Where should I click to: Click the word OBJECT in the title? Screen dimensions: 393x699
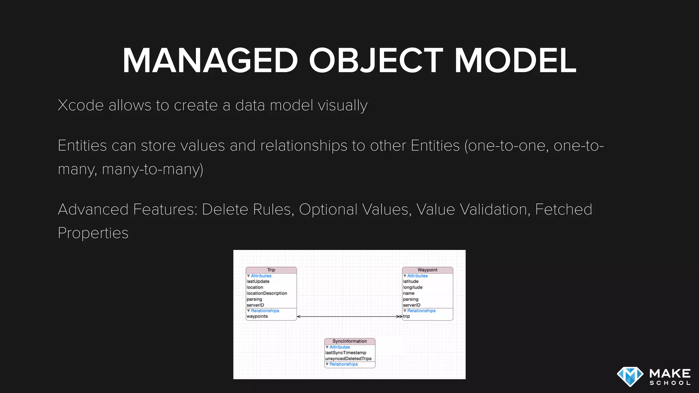[376, 61]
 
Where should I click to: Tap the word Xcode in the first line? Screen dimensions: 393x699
[81, 105]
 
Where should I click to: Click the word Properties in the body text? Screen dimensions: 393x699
[93, 233]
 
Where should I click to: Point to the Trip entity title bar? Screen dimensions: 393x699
[271, 270]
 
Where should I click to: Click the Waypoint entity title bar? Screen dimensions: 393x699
[427, 270]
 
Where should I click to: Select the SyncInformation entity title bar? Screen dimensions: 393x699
[349, 341]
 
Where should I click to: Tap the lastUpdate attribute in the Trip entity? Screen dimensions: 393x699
[258, 281]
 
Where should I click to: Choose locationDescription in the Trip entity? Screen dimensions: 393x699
[267, 293]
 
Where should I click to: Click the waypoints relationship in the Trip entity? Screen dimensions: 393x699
[257, 317]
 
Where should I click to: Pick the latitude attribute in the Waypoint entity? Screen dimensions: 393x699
[411, 281]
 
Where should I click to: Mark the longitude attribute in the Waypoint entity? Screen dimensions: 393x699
[413, 287]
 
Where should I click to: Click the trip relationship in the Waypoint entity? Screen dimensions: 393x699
[406, 317]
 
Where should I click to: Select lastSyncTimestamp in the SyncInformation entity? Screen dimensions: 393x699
[346, 353]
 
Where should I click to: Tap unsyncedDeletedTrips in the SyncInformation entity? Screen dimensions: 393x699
[348, 359]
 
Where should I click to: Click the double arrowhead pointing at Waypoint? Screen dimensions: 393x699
[399, 317]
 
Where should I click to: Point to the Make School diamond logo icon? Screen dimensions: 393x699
[630, 377]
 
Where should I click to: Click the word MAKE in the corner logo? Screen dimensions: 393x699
[670, 373]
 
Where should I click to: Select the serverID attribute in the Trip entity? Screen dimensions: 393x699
[255, 305]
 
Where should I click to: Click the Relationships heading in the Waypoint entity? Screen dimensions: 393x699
[421, 311]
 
